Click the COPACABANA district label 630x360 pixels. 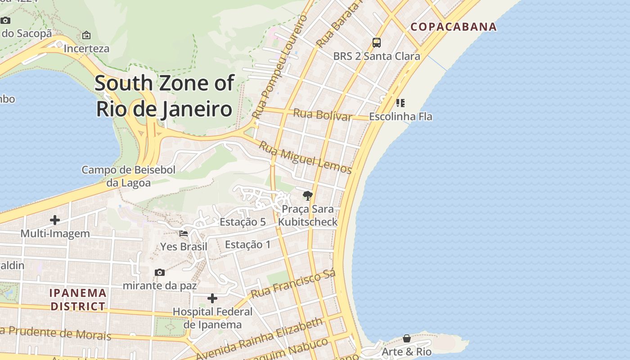tap(454, 27)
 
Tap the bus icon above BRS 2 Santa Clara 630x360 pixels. tap(377, 43)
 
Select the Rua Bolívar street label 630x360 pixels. tap(322, 114)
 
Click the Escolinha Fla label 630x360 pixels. tap(400, 117)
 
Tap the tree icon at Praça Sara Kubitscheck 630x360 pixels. tap(308, 195)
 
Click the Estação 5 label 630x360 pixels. tap(243, 222)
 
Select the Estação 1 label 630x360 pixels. tap(248, 244)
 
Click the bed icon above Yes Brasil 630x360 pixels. tap(184, 233)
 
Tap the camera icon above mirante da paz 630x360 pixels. tap(159, 272)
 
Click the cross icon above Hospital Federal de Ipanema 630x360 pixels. tap(212, 298)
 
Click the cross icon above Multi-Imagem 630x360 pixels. tap(55, 220)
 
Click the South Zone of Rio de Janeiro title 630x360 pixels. tap(164, 96)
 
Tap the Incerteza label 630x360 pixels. tap(86, 49)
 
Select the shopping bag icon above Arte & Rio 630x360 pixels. tap(407, 338)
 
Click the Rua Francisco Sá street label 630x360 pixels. tap(293, 284)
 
